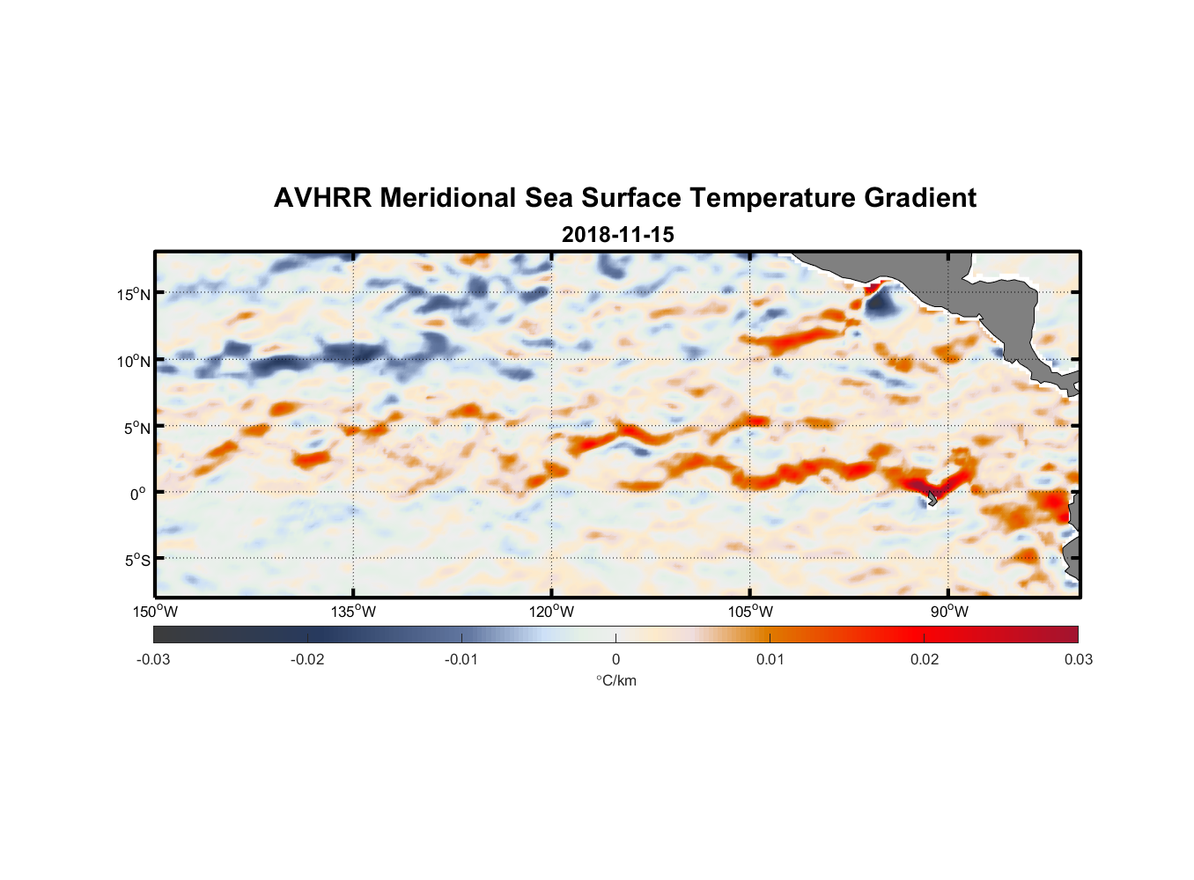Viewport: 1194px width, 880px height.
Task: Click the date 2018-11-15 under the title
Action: (617, 235)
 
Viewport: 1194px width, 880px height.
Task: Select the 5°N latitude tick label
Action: (136, 428)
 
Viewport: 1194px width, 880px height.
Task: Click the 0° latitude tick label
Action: (138, 494)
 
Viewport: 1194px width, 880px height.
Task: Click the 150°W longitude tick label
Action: (156, 612)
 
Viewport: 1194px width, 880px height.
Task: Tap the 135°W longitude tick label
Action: (354, 612)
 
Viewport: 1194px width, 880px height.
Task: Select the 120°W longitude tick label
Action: (552, 612)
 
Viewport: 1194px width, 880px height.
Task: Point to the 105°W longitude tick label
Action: (750, 612)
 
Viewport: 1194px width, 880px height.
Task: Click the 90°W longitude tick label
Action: (949, 612)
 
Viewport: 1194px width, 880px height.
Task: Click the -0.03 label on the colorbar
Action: (153, 659)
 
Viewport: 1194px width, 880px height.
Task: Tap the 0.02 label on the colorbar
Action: (925, 659)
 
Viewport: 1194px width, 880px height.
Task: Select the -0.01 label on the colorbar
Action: (461, 659)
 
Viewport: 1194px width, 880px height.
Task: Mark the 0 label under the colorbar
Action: (615, 659)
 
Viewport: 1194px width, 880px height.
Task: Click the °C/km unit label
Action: (615, 680)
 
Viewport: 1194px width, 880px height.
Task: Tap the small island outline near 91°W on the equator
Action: (931, 499)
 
